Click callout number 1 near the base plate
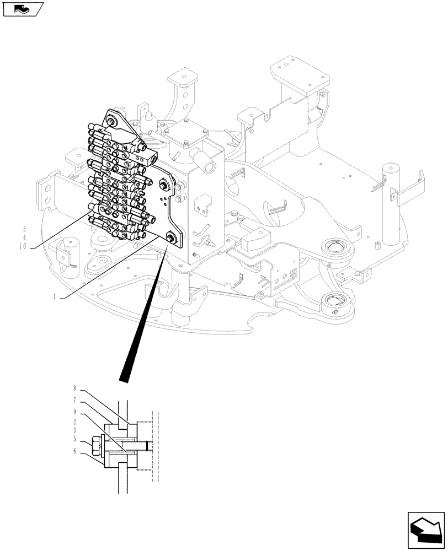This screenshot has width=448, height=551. (55, 297)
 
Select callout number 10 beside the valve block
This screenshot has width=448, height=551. (23, 246)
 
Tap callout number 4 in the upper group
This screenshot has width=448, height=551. (24, 237)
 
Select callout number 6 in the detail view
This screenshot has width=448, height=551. (75, 450)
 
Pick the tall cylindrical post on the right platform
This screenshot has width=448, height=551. (391, 204)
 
